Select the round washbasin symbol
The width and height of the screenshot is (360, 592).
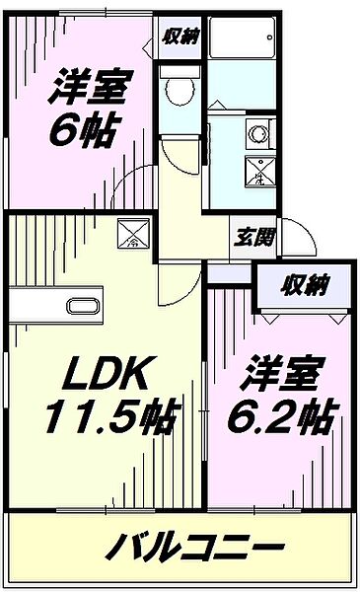pyautogui.click(x=259, y=130)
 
